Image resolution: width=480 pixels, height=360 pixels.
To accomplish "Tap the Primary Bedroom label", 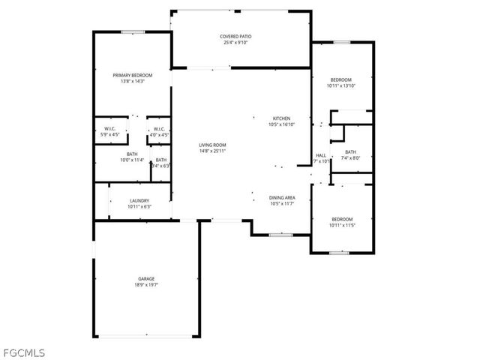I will pyautogui.click(x=132, y=75).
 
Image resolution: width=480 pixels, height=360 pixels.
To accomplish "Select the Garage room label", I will pyautogui.click(x=146, y=278).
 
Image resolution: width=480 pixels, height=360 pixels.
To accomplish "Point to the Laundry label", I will pyautogui.click(x=139, y=200).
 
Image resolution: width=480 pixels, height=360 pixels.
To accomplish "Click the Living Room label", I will pyautogui.click(x=212, y=145).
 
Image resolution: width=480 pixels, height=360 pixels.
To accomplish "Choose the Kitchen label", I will pyautogui.click(x=281, y=118).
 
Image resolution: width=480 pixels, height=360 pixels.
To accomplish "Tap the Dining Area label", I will pyautogui.click(x=282, y=197).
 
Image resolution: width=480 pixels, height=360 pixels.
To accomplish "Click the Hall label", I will pyautogui.click(x=320, y=155).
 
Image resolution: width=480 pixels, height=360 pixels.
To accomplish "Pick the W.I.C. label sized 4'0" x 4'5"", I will pyautogui.click(x=159, y=130).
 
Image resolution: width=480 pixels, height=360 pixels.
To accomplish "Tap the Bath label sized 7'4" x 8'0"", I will pyautogui.click(x=351, y=152).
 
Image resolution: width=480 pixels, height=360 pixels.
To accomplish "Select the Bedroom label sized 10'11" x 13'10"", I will pyautogui.click(x=340, y=79).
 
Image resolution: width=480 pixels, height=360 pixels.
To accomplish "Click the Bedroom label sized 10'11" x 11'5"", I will pyautogui.click(x=341, y=219).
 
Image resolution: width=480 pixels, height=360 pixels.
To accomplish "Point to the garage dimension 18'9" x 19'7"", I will pyautogui.click(x=146, y=285).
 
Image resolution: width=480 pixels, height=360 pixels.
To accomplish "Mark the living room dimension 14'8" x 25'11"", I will pyautogui.click(x=212, y=151).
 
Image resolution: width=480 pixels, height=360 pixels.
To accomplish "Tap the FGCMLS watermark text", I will pyautogui.click(x=24, y=350).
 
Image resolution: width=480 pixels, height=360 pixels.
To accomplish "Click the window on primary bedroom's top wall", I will pyautogui.click(x=133, y=31).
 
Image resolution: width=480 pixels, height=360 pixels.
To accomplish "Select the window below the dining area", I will pyautogui.click(x=280, y=235).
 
